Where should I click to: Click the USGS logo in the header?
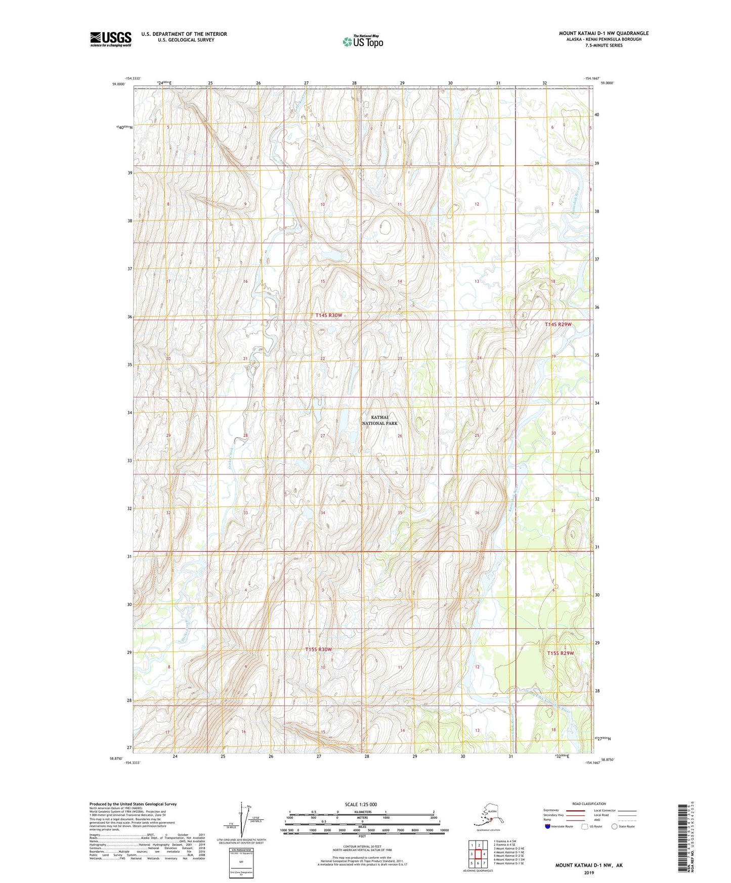[110, 39]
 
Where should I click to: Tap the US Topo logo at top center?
[363, 41]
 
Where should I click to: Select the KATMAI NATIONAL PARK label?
[379, 420]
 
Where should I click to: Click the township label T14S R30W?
[328, 315]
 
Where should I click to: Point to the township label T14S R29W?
[557, 324]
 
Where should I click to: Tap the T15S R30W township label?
[318, 649]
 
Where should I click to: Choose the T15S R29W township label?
[561, 653]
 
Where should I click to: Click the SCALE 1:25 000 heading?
[361, 804]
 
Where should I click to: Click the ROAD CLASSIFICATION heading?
[589, 804]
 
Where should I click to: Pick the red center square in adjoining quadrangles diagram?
[478, 854]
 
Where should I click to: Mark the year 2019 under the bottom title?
[589, 872]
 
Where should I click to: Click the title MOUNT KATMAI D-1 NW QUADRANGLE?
[603, 33]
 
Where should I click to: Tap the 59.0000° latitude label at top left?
[120, 84]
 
